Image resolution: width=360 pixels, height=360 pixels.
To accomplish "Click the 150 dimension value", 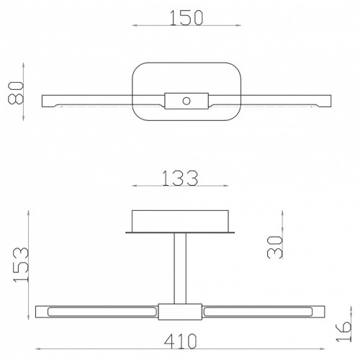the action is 186,18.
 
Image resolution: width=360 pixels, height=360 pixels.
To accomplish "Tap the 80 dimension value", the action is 16,93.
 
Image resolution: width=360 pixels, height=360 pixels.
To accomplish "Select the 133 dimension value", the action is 180,178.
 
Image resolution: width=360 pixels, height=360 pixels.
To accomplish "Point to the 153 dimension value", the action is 21,264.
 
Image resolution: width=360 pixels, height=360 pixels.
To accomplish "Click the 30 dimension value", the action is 275,247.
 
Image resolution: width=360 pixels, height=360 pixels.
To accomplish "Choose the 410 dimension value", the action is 181,341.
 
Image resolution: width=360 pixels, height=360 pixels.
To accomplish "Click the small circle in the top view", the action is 186,101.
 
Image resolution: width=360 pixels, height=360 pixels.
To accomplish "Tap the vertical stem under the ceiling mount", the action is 180,269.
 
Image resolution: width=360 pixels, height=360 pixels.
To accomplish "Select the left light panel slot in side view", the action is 102,312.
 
